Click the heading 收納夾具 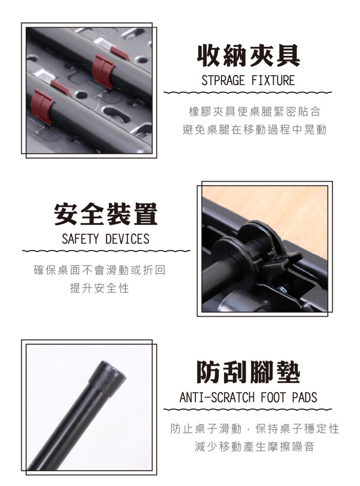pos(248,56)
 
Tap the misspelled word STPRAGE pos(223,81)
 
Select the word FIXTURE pos(273,81)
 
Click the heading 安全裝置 pos(106,214)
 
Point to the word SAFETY pos(80,239)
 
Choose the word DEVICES pos(127,239)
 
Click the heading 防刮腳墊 pos(248,372)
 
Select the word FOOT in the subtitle pos(273,398)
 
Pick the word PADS pos(305,398)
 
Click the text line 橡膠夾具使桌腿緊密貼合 pos(255,112)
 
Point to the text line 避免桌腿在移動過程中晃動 pos(255,130)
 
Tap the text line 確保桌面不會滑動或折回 pos(100,270)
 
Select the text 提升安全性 pos(100,288)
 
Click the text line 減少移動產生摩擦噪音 pos(255,447)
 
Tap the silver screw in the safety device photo pos(281,290)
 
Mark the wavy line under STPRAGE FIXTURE pos(248,92)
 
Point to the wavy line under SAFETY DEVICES pos(106,251)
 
